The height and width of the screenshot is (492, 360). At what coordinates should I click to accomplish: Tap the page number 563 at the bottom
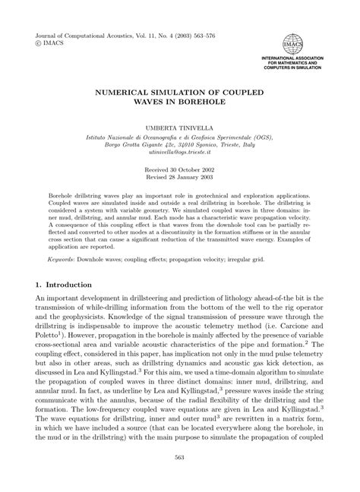pos(180,478)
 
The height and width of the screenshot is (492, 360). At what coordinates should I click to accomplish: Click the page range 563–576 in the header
pos(216,35)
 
